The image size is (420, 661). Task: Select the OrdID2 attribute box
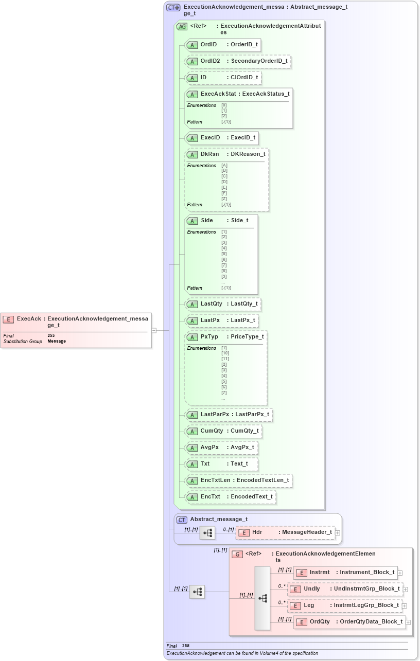pos(237,61)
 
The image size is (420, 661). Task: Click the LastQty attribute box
pos(222,304)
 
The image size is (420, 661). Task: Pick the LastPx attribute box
pos(221,320)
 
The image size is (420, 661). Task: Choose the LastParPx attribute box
pos(228,415)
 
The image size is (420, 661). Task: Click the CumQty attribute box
pos(223,431)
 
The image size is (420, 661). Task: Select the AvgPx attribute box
pos(221,448)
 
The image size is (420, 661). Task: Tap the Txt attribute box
pos(221,464)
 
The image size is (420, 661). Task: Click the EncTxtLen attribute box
pos(238,480)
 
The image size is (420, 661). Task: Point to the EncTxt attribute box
pos(230,497)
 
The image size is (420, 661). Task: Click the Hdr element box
pos(285,532)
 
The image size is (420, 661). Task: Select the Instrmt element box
pos(345,573)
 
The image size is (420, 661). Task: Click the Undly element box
pos(345,589)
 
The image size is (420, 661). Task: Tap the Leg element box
pos(345,605)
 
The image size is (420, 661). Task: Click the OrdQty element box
pos(349,622)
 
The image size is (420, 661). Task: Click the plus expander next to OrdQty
pos(408,622)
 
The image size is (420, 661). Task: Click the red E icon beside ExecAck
pos(8,319)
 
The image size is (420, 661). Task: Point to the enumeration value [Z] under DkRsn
pos(224,199)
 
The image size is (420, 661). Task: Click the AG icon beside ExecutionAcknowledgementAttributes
pos(182,26)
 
